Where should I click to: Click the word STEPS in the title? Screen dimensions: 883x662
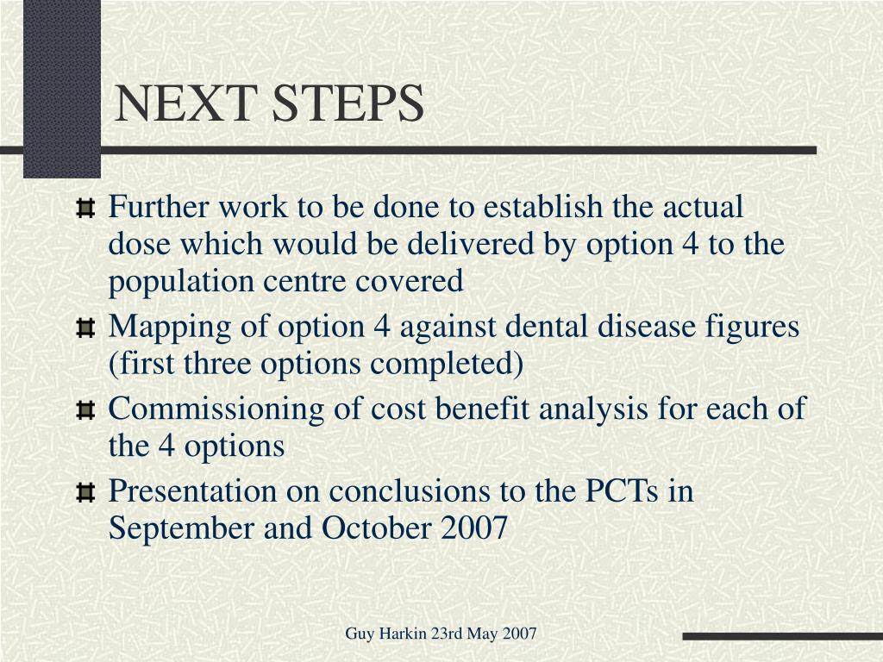[348, 103]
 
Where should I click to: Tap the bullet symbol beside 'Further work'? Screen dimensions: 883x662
[85, 209]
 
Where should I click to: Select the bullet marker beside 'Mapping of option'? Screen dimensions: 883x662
[85, 328]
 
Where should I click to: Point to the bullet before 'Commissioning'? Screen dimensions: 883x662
[85, 409]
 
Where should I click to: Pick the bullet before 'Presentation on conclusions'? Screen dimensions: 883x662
[85, 492]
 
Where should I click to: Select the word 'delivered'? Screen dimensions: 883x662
[470, 243]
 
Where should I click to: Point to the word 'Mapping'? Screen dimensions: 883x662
[170, 328]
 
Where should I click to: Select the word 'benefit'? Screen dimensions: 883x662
[482, 408]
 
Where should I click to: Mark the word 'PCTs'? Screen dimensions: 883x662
[622, 490]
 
